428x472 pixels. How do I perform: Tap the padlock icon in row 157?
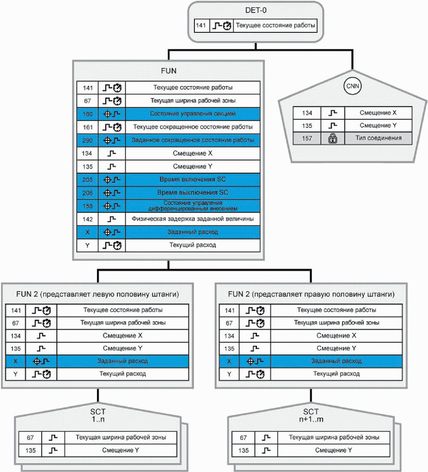(x=332, y=138)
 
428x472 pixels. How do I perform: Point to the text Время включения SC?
(x=193, y=179)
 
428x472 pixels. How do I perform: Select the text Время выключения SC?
(x=193, y=192)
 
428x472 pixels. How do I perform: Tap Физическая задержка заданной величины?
(x=193, y=219)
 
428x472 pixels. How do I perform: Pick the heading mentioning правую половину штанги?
(x=311, y=294)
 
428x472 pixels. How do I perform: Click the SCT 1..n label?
(x=98, y=415)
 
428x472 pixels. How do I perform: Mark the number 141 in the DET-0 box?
(x=202, y=25)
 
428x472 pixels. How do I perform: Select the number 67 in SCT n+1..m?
(x=243, y=438)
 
